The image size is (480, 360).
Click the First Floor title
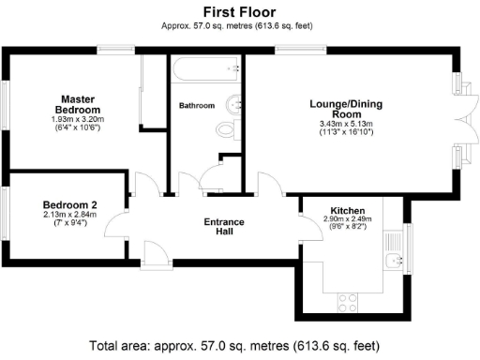click(239, 13)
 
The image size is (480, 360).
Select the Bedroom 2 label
click(70, 204)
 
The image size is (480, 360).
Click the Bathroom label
click(197, 106)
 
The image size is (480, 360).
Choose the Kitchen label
click(347, 210)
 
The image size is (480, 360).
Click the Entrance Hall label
click(224, 228)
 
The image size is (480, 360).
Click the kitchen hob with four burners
click(349, 301)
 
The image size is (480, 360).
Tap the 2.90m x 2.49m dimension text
click(347, 219)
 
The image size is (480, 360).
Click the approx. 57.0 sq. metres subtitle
click(239, 28)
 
